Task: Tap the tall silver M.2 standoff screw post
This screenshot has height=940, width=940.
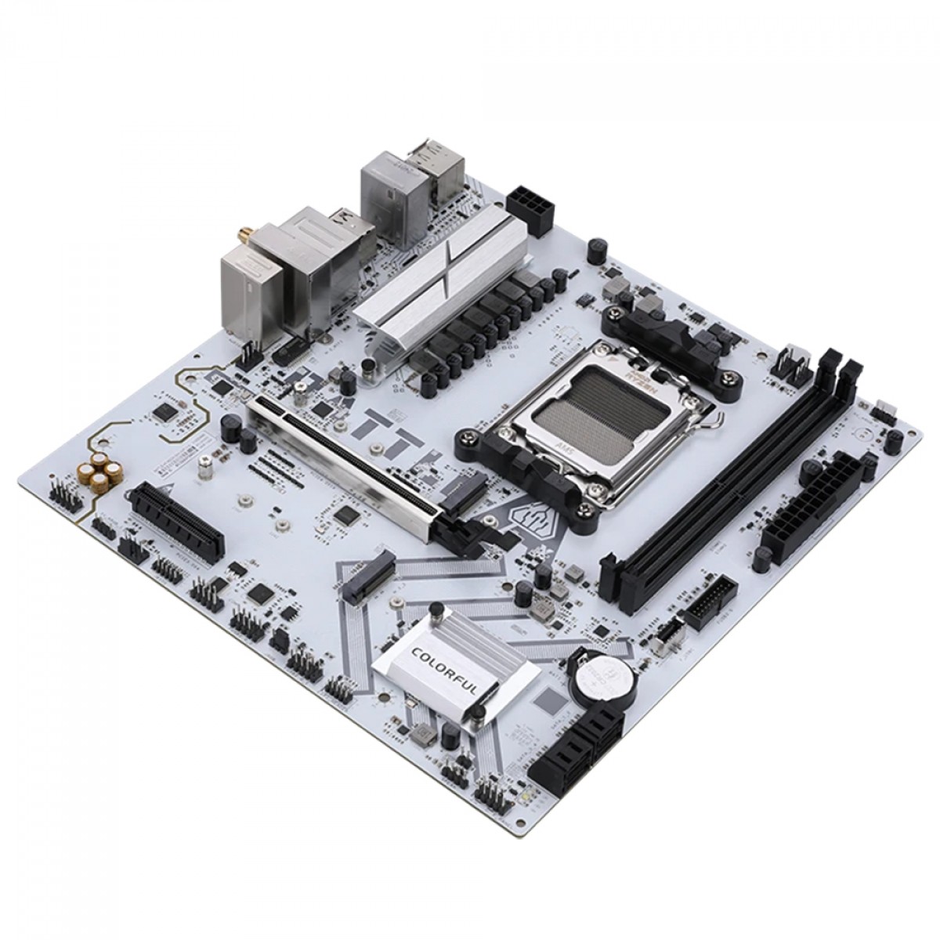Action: click(x=206, y=469)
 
